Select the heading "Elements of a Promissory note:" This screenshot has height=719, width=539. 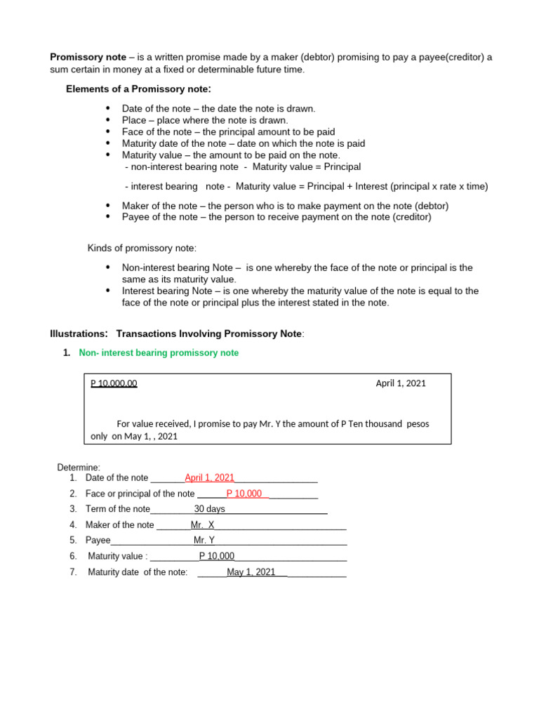click(x=138, y=89)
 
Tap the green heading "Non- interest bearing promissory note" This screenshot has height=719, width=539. click(x=159, y=353)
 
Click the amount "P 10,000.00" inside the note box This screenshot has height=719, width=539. click(x=114, y=383)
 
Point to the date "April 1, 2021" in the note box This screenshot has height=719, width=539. click(x=401, y=383)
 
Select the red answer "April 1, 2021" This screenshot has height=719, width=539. click(x=209, y=478)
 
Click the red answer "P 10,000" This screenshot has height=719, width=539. click(x=244, y=494)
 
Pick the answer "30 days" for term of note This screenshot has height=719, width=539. click(x=209, y=509)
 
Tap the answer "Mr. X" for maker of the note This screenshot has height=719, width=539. click(x=202, y=525)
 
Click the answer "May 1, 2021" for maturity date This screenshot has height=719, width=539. click(x=251, y=572)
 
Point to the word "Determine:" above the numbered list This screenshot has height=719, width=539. click(x=79, y=468)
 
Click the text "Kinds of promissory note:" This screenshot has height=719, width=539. click(x=142, y=249)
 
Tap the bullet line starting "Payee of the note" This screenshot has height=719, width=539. click(x=277, y=217)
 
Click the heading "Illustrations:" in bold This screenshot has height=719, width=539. click(x=79, y=334)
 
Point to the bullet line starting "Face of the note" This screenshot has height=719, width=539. click(x=228, y=132)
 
